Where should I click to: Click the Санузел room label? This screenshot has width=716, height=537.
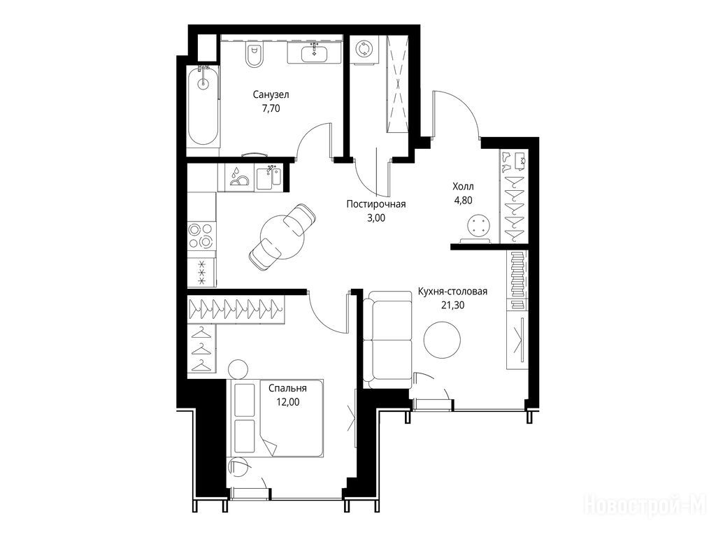(271, 95)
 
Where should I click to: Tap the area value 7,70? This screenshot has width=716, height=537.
(271, 108)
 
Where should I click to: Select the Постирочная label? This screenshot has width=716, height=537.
(375, 204)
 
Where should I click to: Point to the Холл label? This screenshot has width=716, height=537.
(463, 186)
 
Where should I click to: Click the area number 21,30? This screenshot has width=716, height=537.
(452, 305)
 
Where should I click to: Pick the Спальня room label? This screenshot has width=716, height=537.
(287, 388)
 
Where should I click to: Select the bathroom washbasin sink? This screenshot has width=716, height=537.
(314, 53)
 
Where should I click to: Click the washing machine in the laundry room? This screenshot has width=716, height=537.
(364, 50)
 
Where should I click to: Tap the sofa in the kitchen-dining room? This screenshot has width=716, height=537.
(387, 339)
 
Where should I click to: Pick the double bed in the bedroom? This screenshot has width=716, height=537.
(275, 417)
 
